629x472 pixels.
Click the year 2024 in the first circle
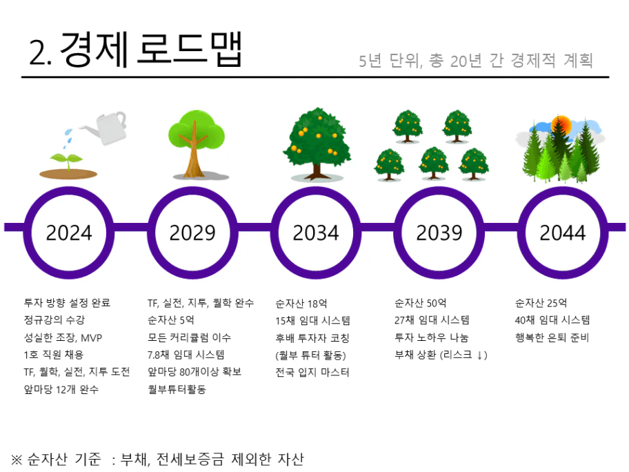69,233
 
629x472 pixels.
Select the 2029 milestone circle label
192,233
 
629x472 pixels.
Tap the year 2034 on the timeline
316,233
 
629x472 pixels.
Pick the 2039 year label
439,233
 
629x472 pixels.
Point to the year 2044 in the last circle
562,233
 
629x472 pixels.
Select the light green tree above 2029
197,144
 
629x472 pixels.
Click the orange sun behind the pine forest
561,124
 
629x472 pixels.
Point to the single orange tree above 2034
317,144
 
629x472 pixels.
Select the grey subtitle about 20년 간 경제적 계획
476,61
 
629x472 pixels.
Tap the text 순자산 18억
301,304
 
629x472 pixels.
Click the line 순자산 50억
421,303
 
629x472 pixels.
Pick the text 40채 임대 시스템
552,320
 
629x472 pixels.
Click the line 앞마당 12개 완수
61,389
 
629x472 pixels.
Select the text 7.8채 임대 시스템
186,355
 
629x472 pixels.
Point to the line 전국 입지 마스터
312,372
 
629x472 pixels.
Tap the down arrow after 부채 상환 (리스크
479,355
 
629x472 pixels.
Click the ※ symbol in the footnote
17,460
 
